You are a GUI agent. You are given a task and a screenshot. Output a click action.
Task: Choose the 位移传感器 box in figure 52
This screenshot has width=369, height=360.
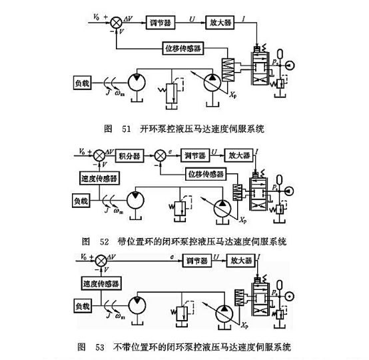tap(205, 173)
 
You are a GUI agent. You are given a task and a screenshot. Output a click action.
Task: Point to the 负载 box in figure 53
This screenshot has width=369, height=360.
tap(85, 306)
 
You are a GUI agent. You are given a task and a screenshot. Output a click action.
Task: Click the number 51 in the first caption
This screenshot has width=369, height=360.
tap(125, 127)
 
